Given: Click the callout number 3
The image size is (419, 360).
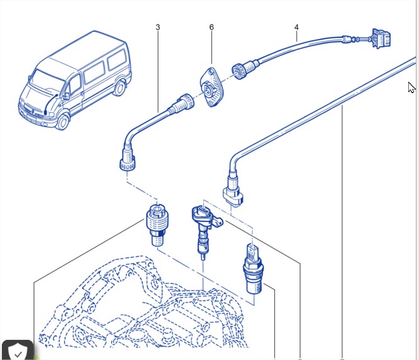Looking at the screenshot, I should tap(157, 27).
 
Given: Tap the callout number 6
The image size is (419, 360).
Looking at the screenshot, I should tap(211, 27).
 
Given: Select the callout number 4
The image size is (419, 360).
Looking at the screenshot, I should tap(296, 27).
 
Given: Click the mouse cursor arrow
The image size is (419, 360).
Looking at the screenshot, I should tap(411, 87).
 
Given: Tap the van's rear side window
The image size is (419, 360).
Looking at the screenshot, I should tap(116, 61).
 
